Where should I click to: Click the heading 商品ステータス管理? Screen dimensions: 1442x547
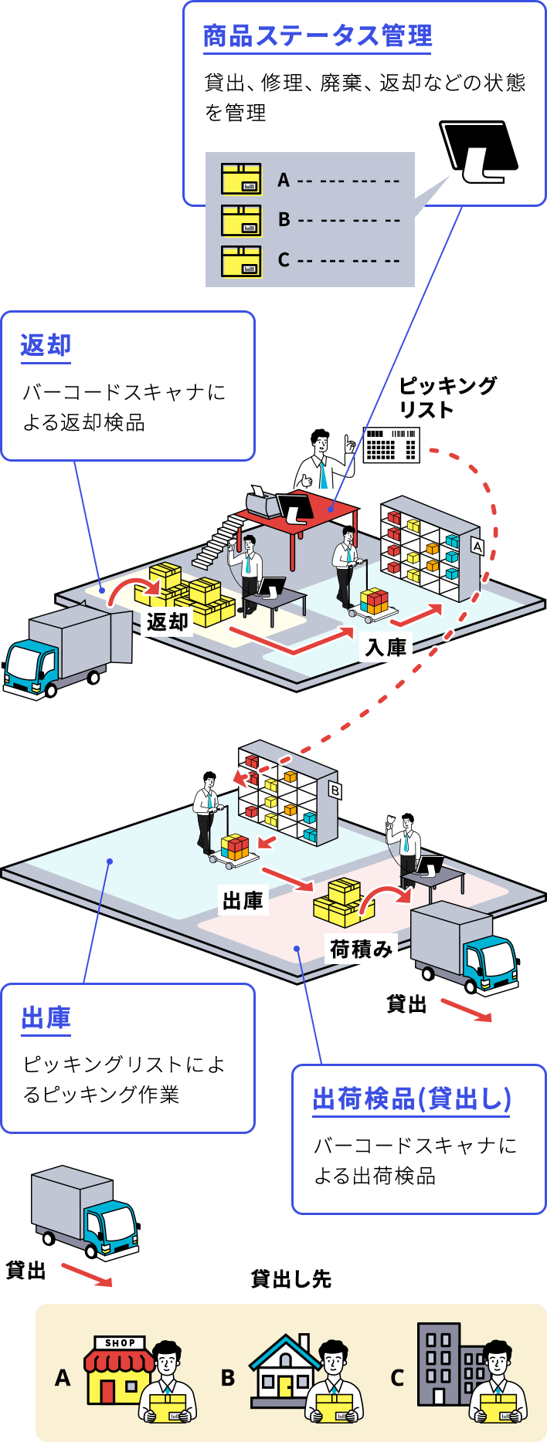tap(318, 36)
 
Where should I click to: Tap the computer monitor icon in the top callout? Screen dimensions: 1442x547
tap(478, 151)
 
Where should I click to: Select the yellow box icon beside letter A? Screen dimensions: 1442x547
tap(241, 178)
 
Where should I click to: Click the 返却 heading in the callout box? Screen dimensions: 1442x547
tap(46, 345)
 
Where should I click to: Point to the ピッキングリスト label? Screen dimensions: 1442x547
tap(447, 396)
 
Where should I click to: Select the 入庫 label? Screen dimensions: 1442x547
tap(386, 646)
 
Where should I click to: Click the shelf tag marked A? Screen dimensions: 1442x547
tap(477, 547)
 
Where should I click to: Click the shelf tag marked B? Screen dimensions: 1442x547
tap(335, 790)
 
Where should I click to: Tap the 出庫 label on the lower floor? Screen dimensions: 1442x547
tap(243, 900)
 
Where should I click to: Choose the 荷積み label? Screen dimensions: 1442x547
tap(361, 948)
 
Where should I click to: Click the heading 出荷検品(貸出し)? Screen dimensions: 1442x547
tap(412, 1098)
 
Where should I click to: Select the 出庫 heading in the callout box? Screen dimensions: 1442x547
tap(46, 1018)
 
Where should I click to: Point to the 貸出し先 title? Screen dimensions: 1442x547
tap(291, 1279)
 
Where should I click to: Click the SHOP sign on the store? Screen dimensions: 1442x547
tap(121, 1342)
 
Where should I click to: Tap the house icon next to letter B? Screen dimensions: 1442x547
tap(283, 1369)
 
